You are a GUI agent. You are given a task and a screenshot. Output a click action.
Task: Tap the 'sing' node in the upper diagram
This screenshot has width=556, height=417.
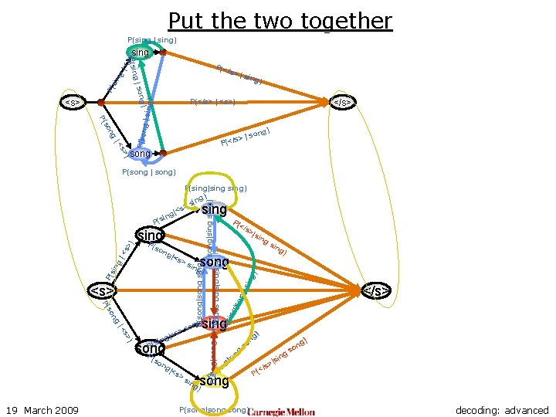(x=140, y=53)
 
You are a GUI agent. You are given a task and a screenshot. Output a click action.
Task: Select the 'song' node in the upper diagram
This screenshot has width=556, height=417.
(x=140, y=154)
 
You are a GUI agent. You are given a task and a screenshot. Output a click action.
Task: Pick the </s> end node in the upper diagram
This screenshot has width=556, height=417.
(x=343, y=102)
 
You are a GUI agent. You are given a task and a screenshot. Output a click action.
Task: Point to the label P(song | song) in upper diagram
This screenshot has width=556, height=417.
(x=149, y=171)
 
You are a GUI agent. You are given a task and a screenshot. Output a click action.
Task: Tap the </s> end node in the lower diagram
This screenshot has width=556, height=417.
(x=376, y=291)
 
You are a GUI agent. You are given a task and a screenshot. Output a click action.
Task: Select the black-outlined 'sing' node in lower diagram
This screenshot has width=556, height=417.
(x=151, y=234)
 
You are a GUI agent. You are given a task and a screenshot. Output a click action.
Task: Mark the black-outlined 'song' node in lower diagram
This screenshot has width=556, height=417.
(x=151, y=349)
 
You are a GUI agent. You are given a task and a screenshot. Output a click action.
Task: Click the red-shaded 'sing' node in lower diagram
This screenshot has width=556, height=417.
(x=214, y=324)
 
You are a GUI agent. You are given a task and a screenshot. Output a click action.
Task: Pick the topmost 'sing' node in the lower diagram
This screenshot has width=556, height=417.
(x=214, y=210)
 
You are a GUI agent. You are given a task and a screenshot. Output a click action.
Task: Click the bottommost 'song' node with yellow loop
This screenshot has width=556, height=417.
(x=214, y=381)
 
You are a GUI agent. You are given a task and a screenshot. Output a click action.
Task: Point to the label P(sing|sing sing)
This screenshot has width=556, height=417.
(x=215, y=188)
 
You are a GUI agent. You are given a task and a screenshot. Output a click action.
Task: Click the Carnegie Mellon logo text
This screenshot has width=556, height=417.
(x=282, y=411)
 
